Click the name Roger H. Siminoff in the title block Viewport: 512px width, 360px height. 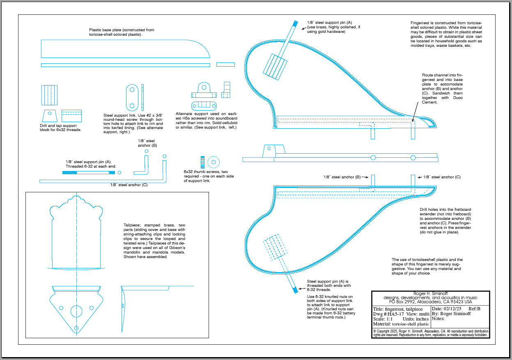[430, 293]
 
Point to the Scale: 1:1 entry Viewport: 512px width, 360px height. [386, 319]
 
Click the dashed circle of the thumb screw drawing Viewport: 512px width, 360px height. [213, 162]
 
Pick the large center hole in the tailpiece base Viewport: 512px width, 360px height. [76, 311]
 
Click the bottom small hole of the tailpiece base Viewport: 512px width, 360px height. [76, 328]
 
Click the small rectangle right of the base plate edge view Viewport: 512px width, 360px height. [225, 65]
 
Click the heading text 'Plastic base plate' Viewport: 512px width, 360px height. [122, 30]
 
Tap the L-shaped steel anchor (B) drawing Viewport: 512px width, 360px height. [144, 165]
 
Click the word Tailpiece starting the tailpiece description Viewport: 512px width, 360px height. [132, 225]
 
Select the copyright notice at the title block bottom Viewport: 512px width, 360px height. [430, 333]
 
